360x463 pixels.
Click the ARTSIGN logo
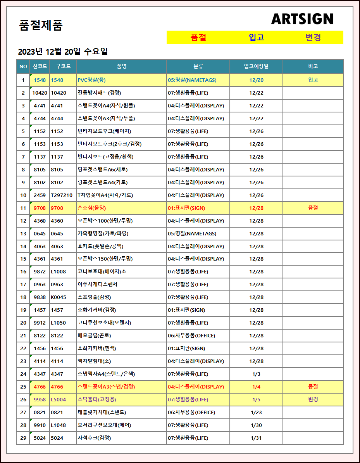pos(302,19)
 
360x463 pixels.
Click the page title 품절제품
pos(41,26)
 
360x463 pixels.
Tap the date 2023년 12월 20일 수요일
pos(63,52)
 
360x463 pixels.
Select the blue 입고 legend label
pos(256,38)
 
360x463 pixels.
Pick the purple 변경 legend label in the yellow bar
pos(313,38)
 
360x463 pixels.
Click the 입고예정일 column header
pos(256,66)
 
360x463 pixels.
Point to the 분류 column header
pos(198,66)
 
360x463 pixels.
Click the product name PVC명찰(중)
pos(91,80)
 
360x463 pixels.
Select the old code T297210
pos(62,195)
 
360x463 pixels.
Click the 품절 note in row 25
pos(313,387)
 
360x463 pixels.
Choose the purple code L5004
pos(59,399)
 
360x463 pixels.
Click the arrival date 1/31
pos(256,438)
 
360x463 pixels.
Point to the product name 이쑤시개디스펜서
pos(97,284)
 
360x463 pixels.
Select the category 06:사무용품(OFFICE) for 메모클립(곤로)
pos(191,335)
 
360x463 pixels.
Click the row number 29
pos(23,438)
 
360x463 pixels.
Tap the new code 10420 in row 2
pos(40,93)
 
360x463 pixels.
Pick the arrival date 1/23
pos(256,412)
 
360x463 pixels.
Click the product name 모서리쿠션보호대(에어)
pos(104,425)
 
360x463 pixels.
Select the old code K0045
pos(59,297)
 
